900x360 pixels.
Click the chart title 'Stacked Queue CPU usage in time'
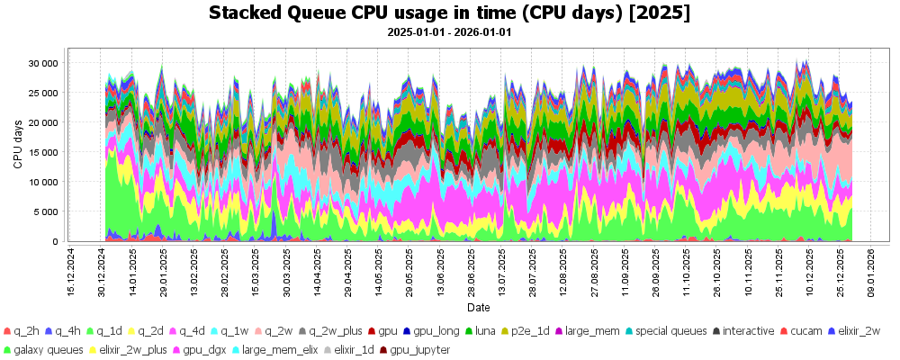[x=450, y=13]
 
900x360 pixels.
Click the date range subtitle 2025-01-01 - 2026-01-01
[x=450, y=31]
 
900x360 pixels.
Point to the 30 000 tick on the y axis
[x=42, y=63]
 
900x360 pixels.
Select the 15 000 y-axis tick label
[x=42, y=152]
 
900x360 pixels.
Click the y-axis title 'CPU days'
[x=17, y=144]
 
